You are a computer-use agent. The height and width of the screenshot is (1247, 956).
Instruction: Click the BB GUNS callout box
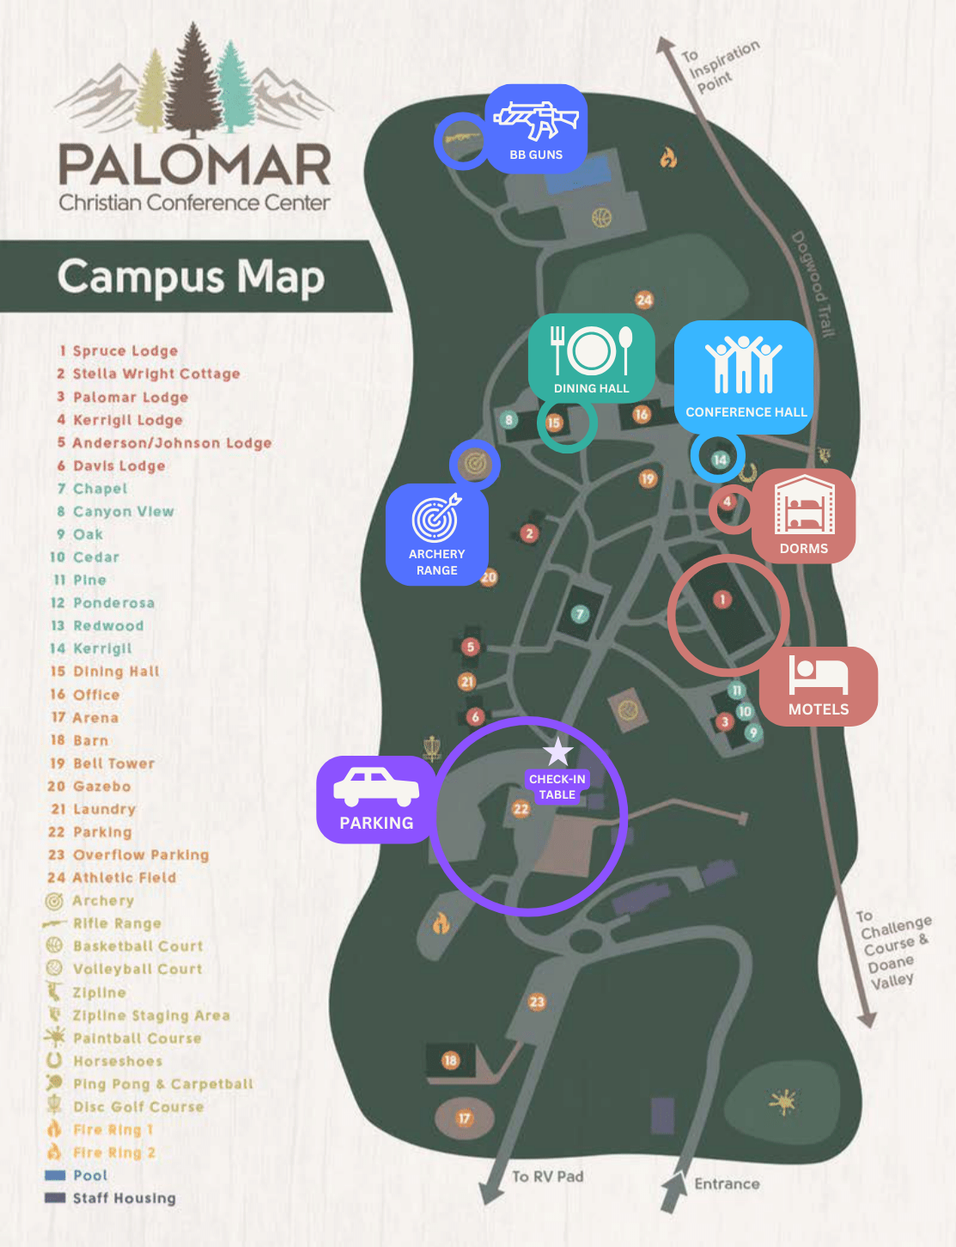point(536,129)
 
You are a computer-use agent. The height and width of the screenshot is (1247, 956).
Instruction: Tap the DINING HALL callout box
point(592,356)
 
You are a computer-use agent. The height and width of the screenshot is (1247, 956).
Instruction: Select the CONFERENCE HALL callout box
point(744,376)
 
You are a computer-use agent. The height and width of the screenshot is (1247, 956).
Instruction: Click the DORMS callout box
point(804,516)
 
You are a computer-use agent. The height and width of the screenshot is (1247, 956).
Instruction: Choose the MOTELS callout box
point(819,686)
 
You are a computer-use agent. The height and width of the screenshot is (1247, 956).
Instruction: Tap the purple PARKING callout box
point(376,800)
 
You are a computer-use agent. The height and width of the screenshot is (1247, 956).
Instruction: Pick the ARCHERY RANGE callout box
point(437,535)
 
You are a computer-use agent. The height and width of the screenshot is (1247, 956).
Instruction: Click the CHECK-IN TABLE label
point(557,787)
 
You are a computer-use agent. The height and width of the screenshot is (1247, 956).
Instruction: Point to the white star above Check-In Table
point(558,751)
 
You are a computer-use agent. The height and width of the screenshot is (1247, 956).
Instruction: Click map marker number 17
point(465,1118)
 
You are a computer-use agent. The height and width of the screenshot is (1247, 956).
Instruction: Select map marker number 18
point(451,1061)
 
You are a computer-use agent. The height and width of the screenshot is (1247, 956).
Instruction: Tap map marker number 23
point(537,1001)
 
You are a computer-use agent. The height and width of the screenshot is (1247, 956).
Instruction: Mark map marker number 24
point(644,300)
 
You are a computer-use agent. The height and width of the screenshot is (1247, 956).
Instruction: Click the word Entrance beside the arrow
point(727,1183)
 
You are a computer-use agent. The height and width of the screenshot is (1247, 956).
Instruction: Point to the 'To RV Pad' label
point(547,1177)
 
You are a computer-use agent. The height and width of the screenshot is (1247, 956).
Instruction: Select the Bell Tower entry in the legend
point(113,763)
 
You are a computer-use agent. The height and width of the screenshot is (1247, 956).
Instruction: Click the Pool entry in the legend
point(89,1176)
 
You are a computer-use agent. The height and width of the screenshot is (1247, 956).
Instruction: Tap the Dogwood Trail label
point(813,284)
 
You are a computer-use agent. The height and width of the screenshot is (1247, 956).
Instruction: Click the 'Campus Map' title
point(191,277)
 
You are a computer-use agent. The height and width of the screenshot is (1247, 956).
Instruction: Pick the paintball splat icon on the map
point(782,1101)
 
